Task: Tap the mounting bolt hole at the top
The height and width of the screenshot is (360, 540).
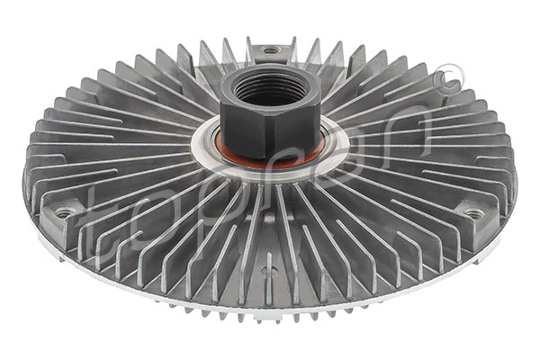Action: [270, 50]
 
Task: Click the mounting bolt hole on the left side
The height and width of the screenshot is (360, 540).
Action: [66, 213]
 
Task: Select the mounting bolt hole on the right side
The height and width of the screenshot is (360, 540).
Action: [473, 214]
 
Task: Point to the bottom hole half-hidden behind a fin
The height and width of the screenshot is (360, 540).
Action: [269, 267]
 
